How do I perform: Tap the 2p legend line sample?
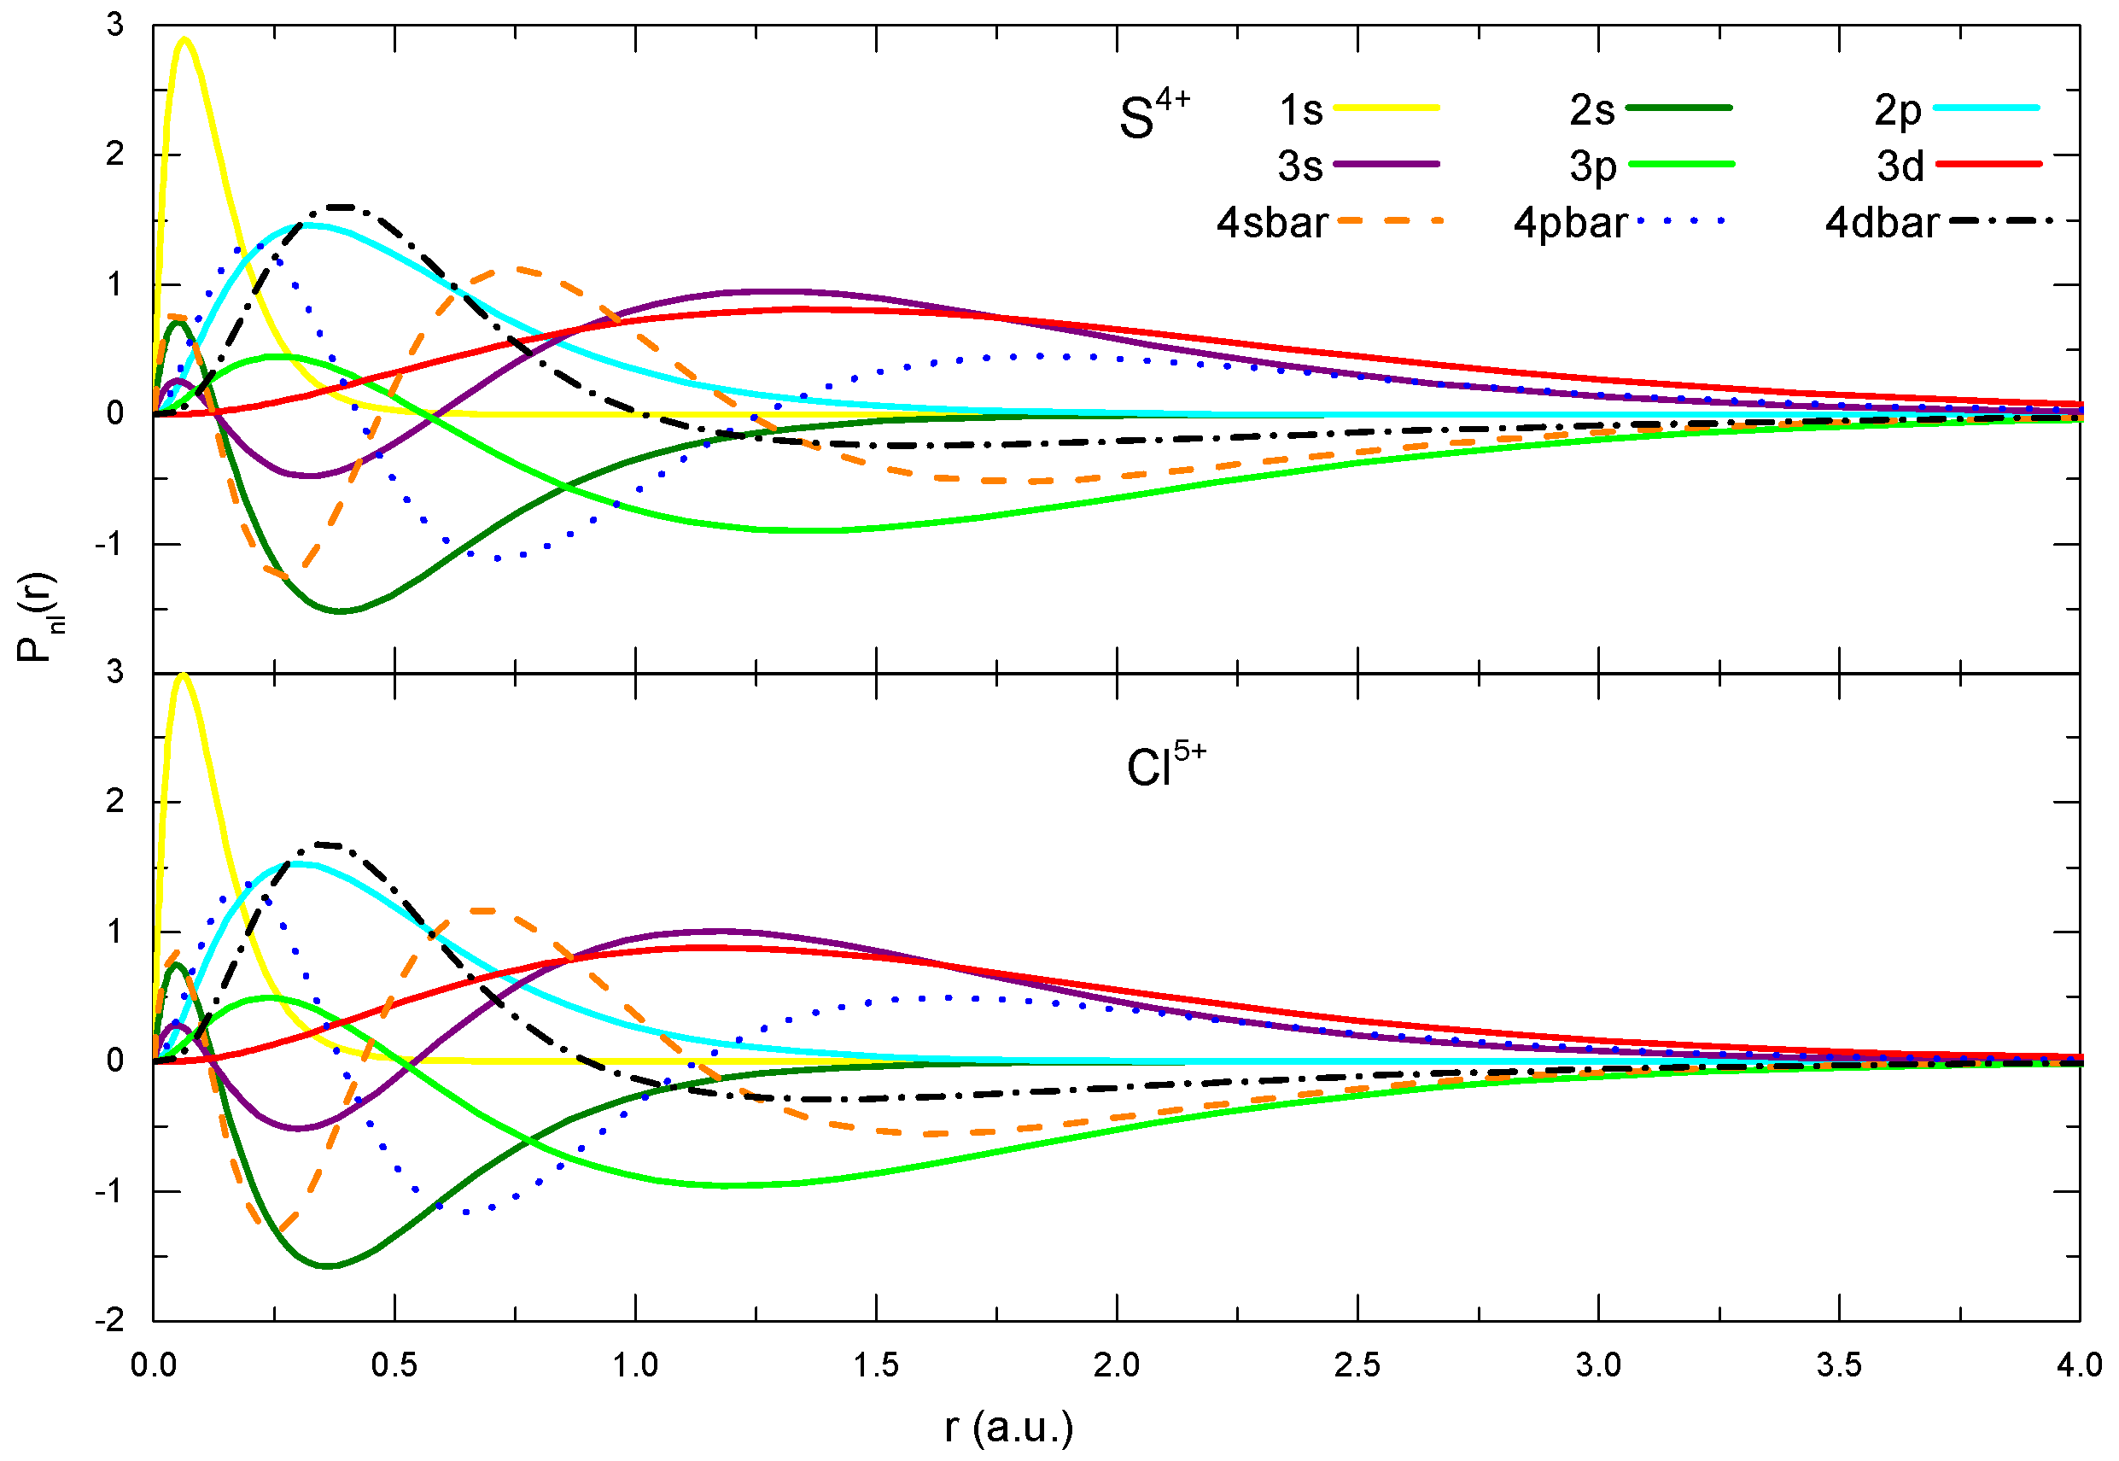(x=1987, y=108)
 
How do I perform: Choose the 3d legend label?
(x=1900, y=167)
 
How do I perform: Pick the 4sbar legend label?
(x=1271, y=224)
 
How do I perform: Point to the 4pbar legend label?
(x=1570, y=224)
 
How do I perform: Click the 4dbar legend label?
(x=1882, y=224)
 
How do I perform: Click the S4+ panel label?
(x=1153, y=115)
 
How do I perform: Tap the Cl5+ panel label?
(x=1165, y=765)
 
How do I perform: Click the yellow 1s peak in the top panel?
(x=185, y=39)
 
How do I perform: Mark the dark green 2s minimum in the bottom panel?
(x=328, y=1266)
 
